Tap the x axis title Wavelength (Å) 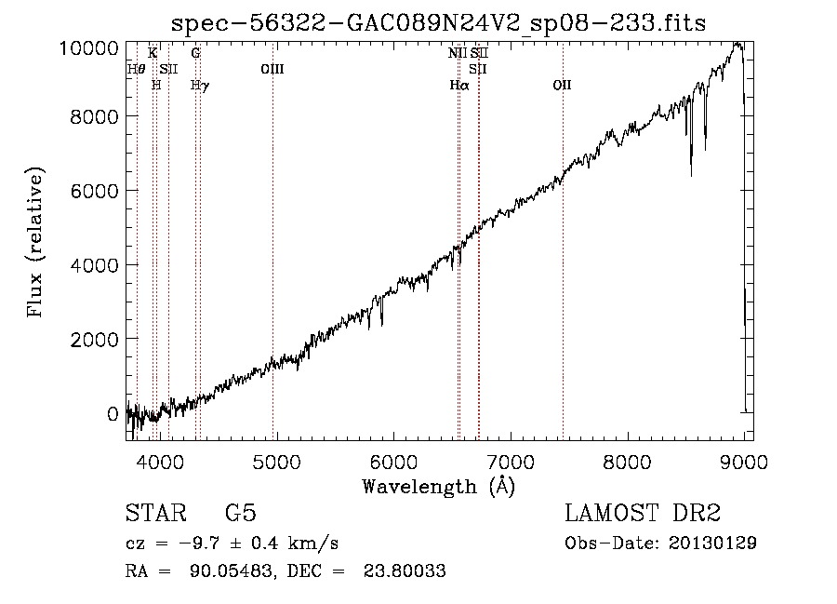click(x=438, y=486)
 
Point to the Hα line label click(x=458, y=85)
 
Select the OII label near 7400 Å click(x=562, y=85)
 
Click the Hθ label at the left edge click(x=136, y=69)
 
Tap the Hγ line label click(x=199, y=85)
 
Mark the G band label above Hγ click(x=195, y=53)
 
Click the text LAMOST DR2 click(x=643, y=514)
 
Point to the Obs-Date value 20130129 click(x=714, y=543)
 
